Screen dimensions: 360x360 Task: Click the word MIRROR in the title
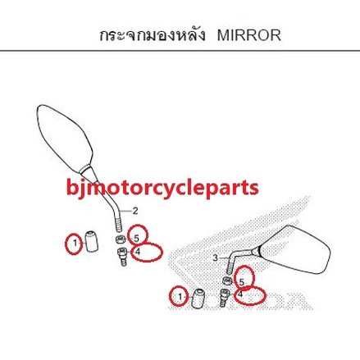coord(249,36)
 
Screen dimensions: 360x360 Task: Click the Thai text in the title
coord(153,35)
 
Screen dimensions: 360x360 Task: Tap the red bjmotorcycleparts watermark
coord(162,188)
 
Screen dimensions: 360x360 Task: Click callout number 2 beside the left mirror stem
coord(135,211)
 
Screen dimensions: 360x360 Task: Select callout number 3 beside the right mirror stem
coord(216,257)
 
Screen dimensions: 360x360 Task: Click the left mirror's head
coord(65,139)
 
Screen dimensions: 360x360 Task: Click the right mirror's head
coord(295,248)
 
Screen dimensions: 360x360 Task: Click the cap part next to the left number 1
coord(92,241)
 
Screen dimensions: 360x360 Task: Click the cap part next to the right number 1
coord(198,298)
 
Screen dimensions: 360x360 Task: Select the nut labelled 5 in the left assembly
coord(121,239)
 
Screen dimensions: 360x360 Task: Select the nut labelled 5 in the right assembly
coord(226,280)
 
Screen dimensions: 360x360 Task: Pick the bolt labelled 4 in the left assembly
coord(122,256)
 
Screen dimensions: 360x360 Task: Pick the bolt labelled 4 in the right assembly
coord(225,298)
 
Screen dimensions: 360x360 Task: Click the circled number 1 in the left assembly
coord(75,243)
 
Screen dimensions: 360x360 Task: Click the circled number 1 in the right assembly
coord(180,296)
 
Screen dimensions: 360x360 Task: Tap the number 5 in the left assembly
coord(136,239)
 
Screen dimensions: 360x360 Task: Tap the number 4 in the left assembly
coord(138,252)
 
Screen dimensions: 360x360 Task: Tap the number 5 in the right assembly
coord(242,282)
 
